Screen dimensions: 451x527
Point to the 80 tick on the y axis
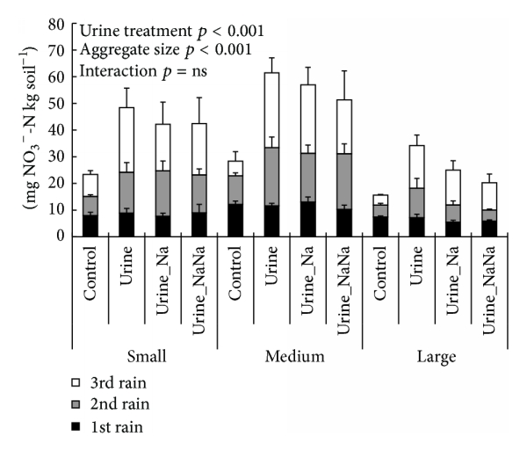point(59,24)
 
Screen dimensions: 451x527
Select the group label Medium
point(291,357)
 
